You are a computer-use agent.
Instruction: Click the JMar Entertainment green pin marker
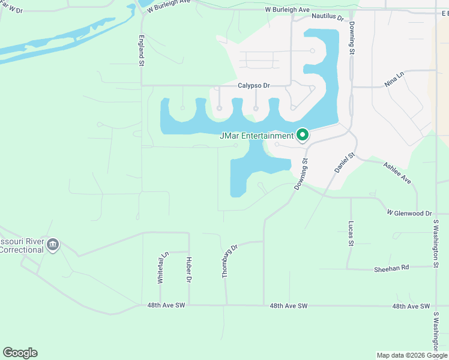tap(303, 135)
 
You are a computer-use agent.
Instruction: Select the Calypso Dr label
tap(253, 86)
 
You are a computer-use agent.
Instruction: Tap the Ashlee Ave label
tap(397, 172)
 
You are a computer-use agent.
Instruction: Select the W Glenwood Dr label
tap(409, 213)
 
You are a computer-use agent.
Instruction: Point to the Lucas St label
tap(351, 234)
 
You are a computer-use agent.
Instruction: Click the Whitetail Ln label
tap(161, 268)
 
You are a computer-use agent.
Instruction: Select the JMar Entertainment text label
tap(257, 136)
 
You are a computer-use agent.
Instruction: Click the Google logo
tap(20, 353)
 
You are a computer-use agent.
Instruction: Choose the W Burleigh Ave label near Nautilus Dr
tap(287, 11)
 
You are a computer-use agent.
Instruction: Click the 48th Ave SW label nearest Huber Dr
tap(166, 305)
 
